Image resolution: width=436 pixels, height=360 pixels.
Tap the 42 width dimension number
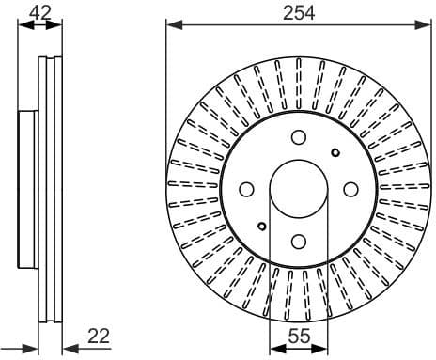pyautogui.click(x=39, y=11)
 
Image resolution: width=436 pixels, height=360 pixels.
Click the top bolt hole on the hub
pyautogui.click(x=297, y=136)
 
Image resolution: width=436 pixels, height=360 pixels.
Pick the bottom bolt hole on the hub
pyautogui.click(x=297, y=241)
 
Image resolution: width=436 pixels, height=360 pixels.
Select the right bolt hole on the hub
pyautogui.click(x=350, y=188)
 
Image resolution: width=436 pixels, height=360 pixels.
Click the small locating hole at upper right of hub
pyautogui.click(x=335, y=152)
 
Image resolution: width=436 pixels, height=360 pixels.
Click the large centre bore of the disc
pyautogui.click(x=297, y=188)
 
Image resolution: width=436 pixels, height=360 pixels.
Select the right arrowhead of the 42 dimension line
pyautogui.click(x=58, y=26)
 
